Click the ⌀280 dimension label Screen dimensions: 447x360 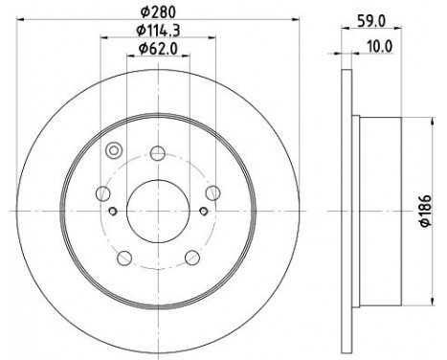point(158,12)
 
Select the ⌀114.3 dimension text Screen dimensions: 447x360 point(158,31)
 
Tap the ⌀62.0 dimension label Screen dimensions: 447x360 point(158,49)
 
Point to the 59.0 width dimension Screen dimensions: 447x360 point(371,21)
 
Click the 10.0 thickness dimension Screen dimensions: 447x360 point(380,47)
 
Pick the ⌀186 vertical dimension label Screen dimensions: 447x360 point(426,211)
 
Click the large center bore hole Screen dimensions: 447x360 point(158,211)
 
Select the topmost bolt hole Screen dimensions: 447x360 point(158,153)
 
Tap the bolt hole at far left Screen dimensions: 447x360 point(103,193)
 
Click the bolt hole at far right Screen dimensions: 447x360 point(212,193)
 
